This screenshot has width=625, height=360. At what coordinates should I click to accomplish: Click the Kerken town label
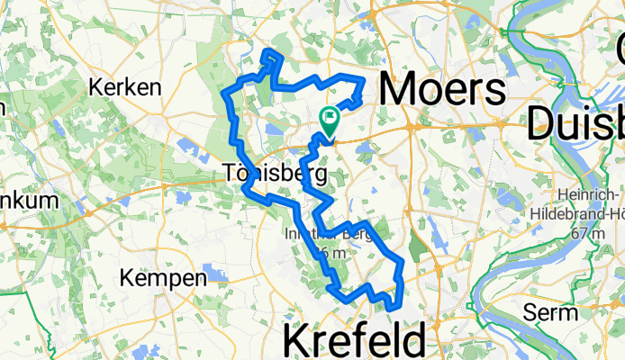coord(125,88)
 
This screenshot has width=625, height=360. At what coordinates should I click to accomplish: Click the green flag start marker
coord(329,116)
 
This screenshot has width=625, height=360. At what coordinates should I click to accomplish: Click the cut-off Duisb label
coord(576,121)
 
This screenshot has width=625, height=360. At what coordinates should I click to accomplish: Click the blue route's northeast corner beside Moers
coord(363,81)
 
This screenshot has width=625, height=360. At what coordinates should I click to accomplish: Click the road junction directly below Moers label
coord(410,129)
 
